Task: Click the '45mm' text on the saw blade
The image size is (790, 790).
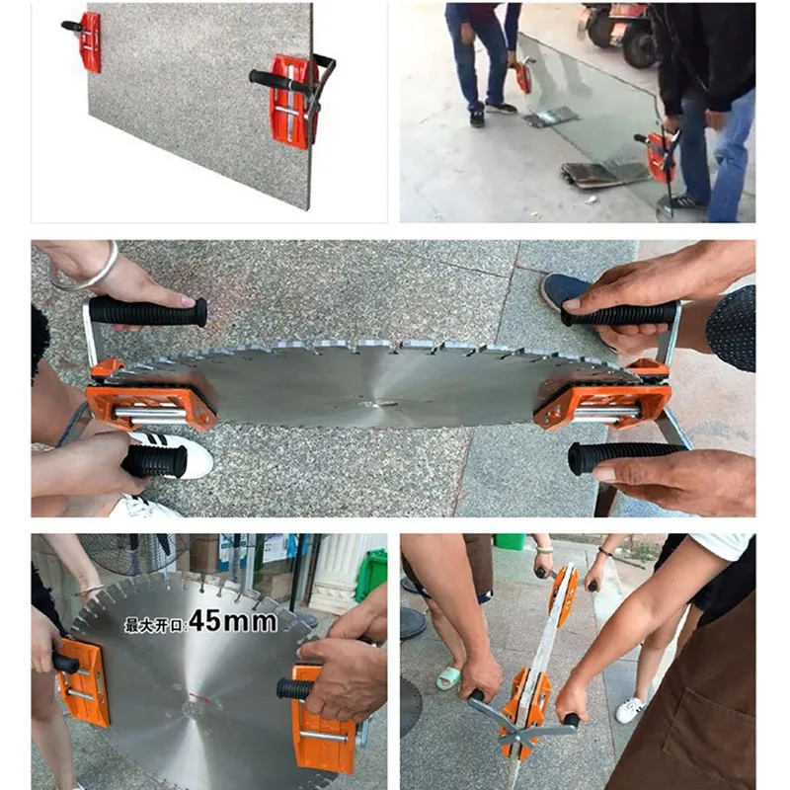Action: tap(233, 621)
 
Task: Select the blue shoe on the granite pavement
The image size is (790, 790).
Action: tap(564, 294)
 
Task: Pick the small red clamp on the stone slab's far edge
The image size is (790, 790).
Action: tap(90, 41)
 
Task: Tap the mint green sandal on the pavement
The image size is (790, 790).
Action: tap(448, 677)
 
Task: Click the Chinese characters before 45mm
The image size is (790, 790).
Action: tap(156, 625)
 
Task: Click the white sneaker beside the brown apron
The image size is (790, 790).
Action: tap(630, 710)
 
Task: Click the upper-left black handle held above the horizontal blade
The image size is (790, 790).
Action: tap(148, 311)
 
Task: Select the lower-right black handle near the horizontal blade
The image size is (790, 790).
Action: tap(625, 457)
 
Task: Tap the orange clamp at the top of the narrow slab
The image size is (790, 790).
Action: tap(564, 589)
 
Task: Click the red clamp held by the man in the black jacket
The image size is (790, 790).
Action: tap(661, 157)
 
